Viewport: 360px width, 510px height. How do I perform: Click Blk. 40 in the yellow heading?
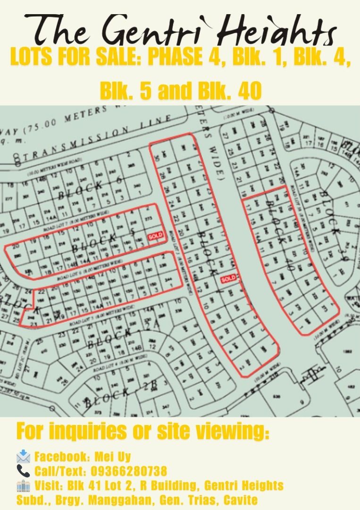point(231,91)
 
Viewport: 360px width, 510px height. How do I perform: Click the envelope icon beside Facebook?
point(23,457)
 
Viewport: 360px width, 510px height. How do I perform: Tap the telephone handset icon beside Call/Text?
point(23,471)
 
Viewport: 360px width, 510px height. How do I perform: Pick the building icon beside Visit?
point(23,485)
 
